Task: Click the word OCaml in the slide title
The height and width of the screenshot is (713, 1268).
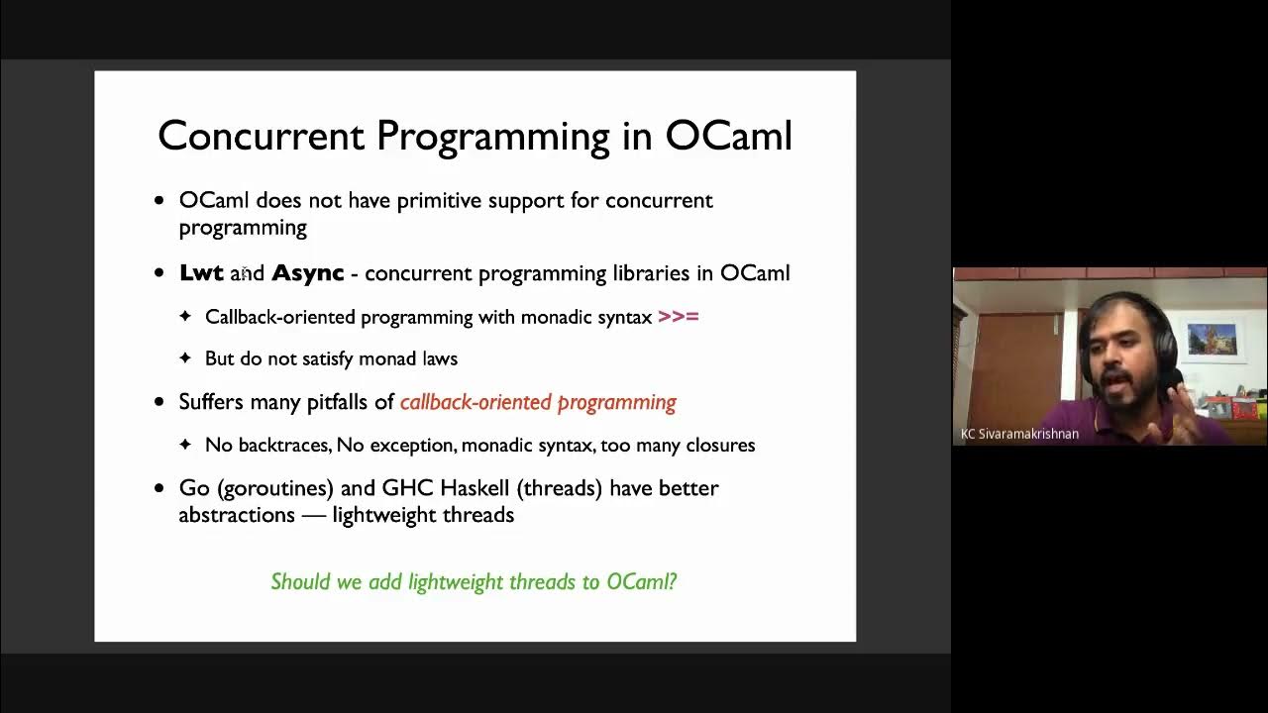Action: (x=728, y=136)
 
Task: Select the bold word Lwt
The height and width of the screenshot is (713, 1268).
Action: (x=201, y=273)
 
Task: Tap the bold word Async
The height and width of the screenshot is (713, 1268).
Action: (x=308, y=273)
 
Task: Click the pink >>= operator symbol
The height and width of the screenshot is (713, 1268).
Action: (x=679, y=317)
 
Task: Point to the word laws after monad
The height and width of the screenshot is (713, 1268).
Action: (x=437, y=358)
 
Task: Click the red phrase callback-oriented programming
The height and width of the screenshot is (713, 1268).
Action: (x=538, y=402)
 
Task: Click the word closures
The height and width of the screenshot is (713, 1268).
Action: (x=717, y=446)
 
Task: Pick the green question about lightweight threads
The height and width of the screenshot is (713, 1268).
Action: (x=474, y=581)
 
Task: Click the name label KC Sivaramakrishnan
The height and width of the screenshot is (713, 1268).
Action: (x=1019, y=434)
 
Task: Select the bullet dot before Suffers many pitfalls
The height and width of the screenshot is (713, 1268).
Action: (x=159, y=403)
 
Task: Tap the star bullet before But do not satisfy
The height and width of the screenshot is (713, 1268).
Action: (x=185, y=358)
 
